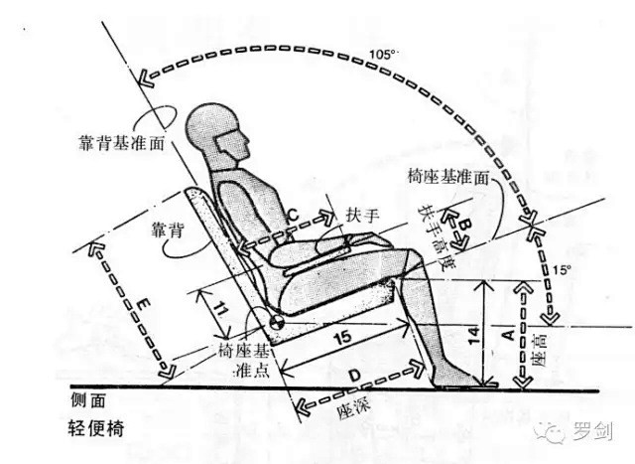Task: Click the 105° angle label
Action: point(383,55)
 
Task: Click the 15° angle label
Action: point(563,269)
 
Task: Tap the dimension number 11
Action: point(219,310)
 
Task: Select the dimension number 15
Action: point(342,336)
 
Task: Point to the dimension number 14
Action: point(474,335)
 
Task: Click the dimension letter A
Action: point(508,335)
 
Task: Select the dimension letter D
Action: point(354,376)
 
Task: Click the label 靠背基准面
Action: point(121,143)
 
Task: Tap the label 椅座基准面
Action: point(448,177)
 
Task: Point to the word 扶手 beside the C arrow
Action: point(362,215)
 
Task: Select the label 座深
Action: point(353,405)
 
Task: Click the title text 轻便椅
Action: point(96,428)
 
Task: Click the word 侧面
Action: point(88,400)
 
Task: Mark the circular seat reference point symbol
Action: point(277,322)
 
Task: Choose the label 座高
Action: point(540,350)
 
